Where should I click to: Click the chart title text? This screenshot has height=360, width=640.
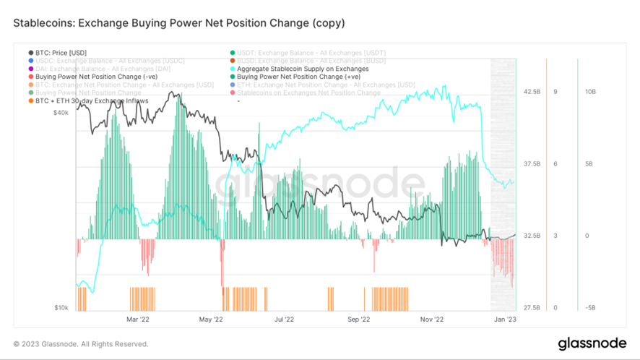[x=179, y=23]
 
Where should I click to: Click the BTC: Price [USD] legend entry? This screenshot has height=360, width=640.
[x=61, y=53]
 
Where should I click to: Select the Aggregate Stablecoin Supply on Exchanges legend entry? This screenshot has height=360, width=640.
[x=303, y=69]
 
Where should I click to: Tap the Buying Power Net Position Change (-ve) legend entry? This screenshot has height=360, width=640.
[x=90, y=77]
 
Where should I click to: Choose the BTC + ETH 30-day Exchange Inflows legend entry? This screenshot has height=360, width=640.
[x=92, y=100]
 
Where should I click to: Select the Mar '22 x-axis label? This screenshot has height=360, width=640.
[x=138, y=319]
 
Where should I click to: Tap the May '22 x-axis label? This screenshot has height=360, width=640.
[x=211, y=319]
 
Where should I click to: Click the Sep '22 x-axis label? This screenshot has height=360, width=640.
[x=358, y=319]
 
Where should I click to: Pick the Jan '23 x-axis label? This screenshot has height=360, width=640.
[x=504, y=319]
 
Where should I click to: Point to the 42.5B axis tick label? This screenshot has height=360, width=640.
[x=531, y=92]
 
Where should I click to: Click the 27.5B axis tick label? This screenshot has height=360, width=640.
[x=531, y=308]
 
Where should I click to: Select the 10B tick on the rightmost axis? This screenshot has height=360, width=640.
[x=590, y=92]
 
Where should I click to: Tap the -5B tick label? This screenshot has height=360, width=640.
[x=590, y=308]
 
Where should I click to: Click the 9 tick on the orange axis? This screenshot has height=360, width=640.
[x=555, y=92]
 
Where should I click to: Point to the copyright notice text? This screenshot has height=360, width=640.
[x=81, y=344]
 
